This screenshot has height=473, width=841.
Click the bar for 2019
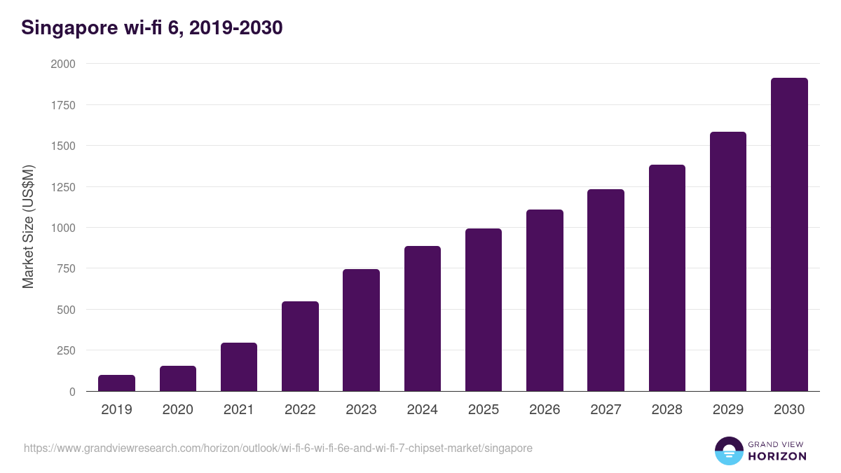[116, 383]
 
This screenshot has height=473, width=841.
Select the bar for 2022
[300, 346]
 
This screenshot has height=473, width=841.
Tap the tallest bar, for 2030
[789, 235]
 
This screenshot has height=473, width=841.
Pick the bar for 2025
[484, 310]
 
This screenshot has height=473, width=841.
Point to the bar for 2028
[666, 278]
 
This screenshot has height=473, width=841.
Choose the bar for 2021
[239, 367]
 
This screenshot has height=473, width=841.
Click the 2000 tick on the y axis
[63, 64]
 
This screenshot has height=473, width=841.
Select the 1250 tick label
[63, 187]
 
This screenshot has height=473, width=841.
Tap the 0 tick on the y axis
[72, 392]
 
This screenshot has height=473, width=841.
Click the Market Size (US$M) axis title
[28, 227]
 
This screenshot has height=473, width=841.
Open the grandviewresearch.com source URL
[278, 448]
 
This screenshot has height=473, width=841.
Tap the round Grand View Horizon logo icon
[728, 451]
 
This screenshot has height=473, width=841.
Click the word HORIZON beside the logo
[777, 456]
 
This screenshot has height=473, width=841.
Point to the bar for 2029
[727, 261]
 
